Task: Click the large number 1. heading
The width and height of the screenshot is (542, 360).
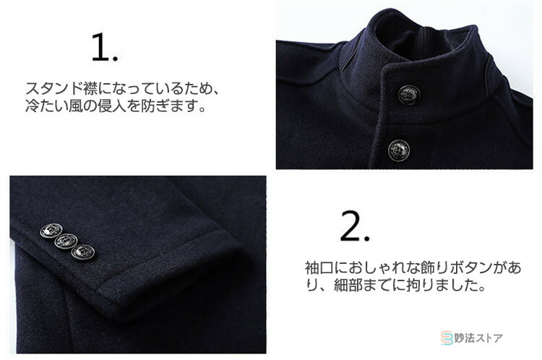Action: pyautogui.click(x=105, y=48)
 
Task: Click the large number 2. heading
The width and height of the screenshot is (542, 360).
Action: pyautogui.click(x=355, y=226)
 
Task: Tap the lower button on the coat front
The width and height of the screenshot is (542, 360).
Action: pyautogui.click(x=399, y=150)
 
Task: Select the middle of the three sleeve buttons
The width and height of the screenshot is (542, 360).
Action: pyautogui.click(x=66, y=241)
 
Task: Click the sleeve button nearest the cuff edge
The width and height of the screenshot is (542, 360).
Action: pyautogui.click(x=83, y=252)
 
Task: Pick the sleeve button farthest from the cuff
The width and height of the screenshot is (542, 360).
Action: pyautogui.click(x=51, y=231)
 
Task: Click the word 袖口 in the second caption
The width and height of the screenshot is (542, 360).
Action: pyautogui.click(x=319, y=267)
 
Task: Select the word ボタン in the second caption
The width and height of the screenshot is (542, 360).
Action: pyautogui.click(x=470, y=267)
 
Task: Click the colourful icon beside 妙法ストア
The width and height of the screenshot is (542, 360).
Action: pyautogui.click(x=447, y=338)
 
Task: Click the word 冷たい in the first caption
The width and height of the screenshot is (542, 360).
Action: pyautogui.click(x=47, y=106)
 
